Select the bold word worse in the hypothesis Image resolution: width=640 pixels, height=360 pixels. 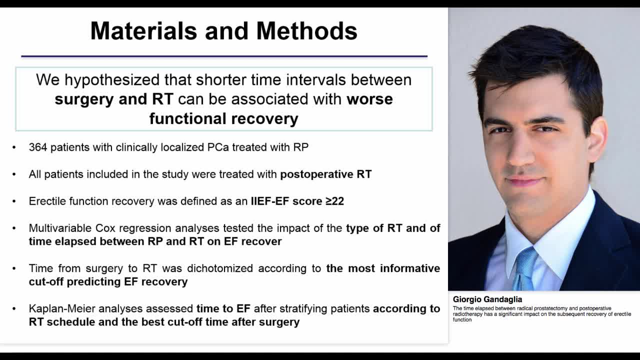pos(369,99)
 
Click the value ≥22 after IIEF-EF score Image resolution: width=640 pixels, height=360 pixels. pos(334,201)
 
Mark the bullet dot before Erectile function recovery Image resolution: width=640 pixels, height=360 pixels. pos(14,201)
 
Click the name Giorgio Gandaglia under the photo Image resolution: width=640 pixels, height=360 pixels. pos(487,299)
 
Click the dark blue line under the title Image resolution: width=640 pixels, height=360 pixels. pos(224,56)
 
